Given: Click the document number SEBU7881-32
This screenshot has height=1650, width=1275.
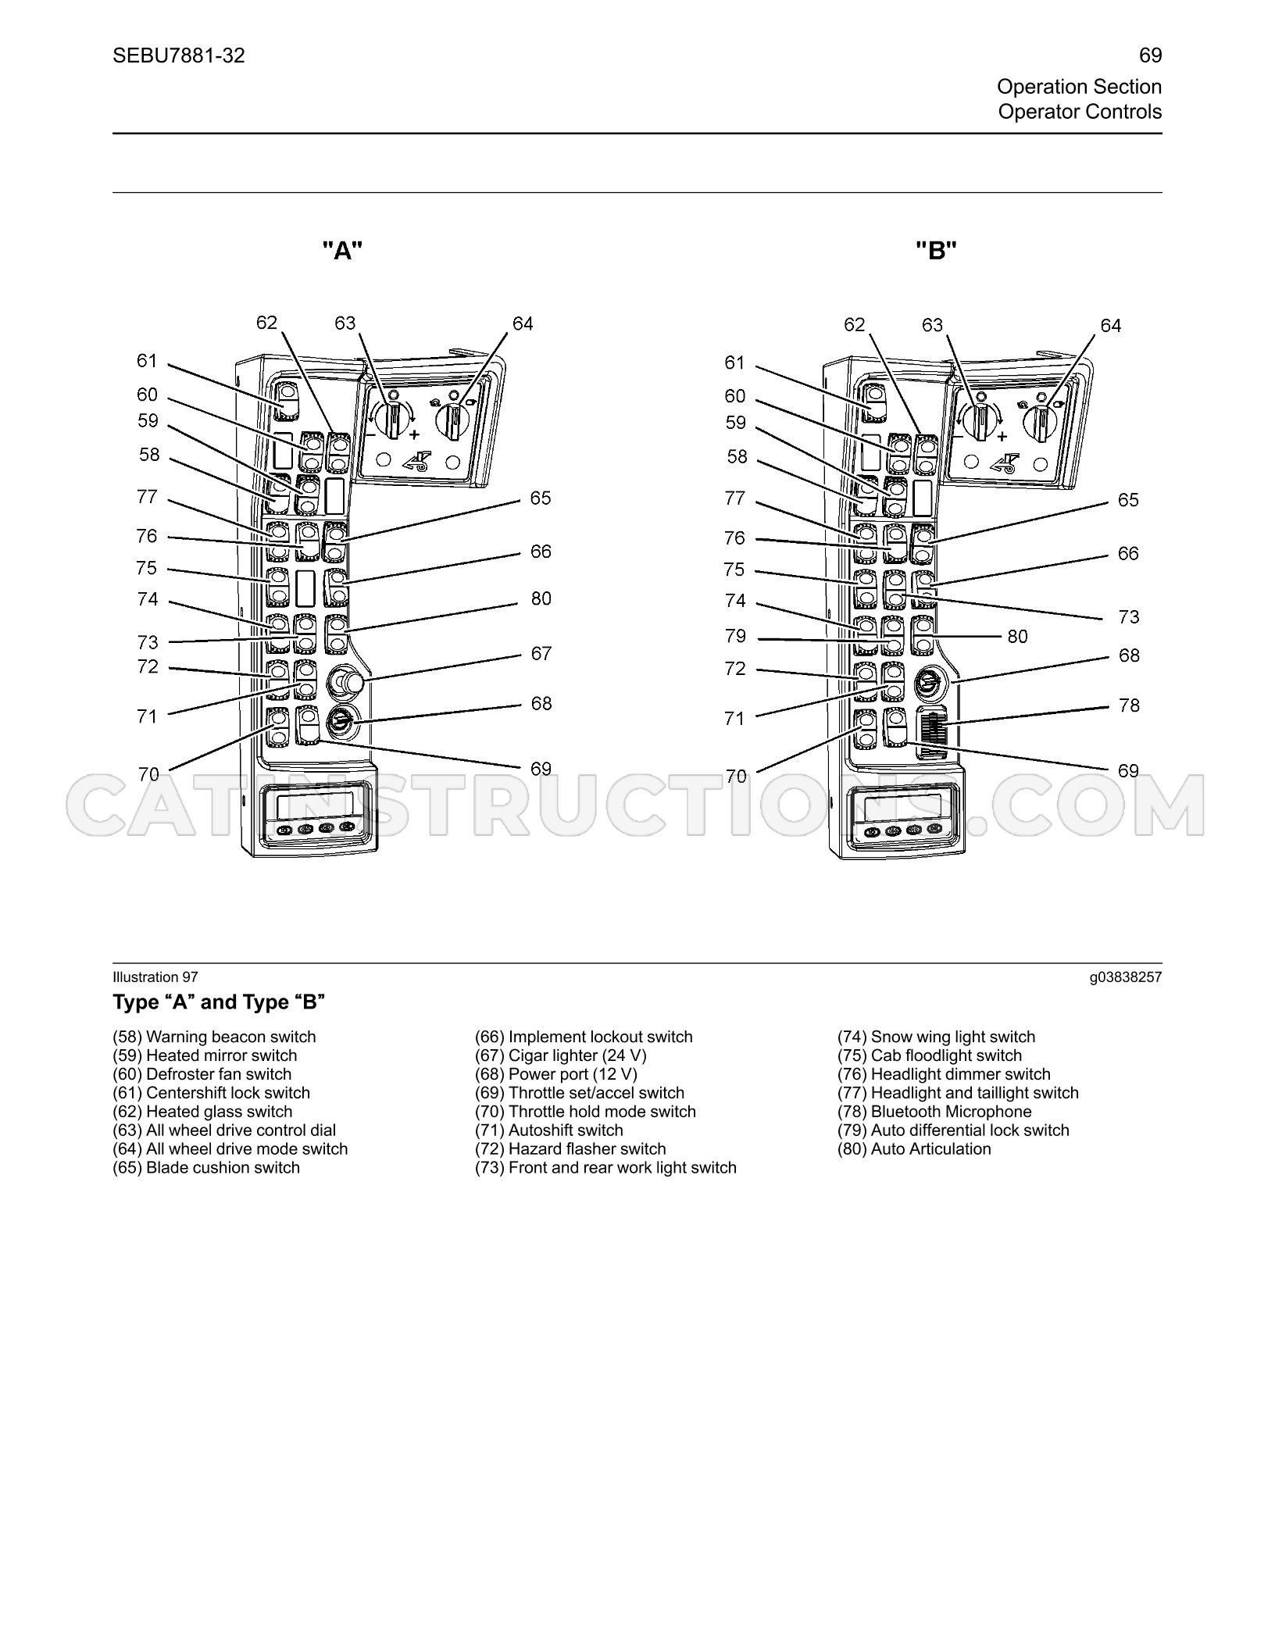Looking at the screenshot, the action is pos(178,55).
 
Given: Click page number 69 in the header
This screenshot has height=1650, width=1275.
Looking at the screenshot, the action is pos(1150,55).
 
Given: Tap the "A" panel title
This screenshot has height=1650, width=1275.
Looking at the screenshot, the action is pos(343,251).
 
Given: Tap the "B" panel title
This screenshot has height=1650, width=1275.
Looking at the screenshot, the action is pos(937,251).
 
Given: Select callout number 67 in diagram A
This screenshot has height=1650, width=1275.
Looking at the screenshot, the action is pos(541,653).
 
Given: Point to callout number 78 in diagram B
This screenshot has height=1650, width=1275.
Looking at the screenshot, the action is pos(1129,705).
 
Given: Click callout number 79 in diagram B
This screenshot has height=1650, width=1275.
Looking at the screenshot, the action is pos(735,636).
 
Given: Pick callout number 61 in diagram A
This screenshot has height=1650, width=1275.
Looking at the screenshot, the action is pos(147,361).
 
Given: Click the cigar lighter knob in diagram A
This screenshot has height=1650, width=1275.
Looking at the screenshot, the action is pos(345,681).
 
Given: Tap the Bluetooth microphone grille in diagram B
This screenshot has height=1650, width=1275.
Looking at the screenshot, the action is pos(933,733).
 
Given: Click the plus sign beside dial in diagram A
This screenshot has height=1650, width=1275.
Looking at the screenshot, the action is pos(414,434).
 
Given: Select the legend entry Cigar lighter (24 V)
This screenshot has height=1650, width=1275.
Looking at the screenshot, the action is pos(561,1055).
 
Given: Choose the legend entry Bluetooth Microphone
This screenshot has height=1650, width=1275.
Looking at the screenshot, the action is pos(934,1112).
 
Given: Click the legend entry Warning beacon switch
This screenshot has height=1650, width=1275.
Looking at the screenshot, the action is pos(214,1037).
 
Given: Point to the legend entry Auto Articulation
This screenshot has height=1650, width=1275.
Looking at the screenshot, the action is pos(914,1149).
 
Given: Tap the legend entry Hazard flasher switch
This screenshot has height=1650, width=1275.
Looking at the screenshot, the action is pos(570,1149).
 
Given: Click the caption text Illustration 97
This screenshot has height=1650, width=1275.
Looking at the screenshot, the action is pos(155,977).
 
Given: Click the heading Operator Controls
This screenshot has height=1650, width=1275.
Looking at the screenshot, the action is pos(1080,112).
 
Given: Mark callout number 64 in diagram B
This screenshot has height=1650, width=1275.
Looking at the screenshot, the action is pos(1110,326).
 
